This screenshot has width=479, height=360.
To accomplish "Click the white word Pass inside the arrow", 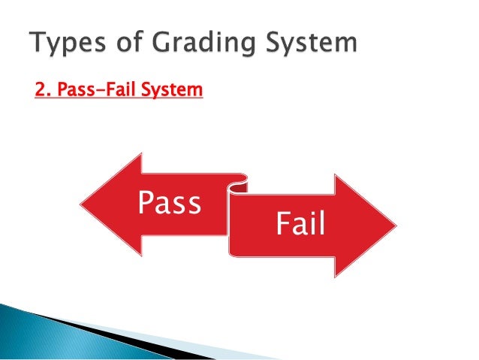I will (169, 203).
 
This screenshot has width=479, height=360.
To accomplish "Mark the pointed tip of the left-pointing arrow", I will (82, 203).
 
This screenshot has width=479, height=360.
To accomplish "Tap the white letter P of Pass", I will (146, 203).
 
